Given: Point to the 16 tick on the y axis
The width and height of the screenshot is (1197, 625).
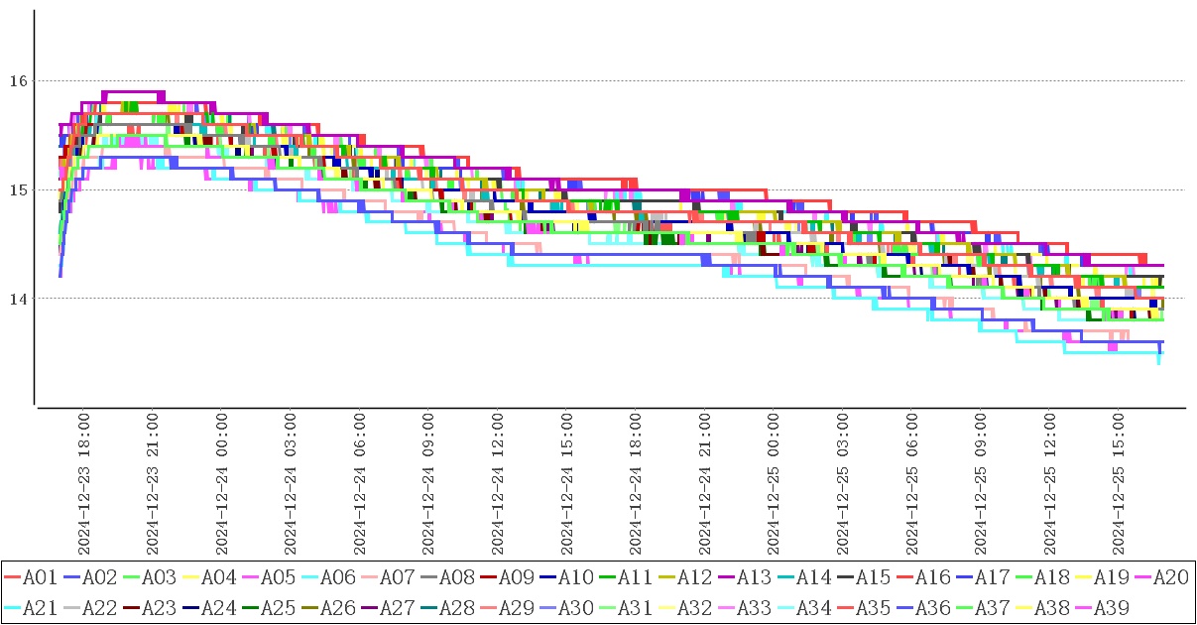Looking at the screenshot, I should pyautogui.click(x=20, y=80).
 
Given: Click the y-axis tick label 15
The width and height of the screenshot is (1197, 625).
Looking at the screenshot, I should pyautogui.click(x=20, y=189).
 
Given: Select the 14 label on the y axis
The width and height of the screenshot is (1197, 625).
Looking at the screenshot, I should pyautogui.click(x=20, y=299).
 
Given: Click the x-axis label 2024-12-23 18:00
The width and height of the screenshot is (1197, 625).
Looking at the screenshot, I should pyautogui.click(x=85, y=486).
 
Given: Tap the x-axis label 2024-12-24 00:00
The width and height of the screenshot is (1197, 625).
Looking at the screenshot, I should pyautogui.click(x=223, y=486).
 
